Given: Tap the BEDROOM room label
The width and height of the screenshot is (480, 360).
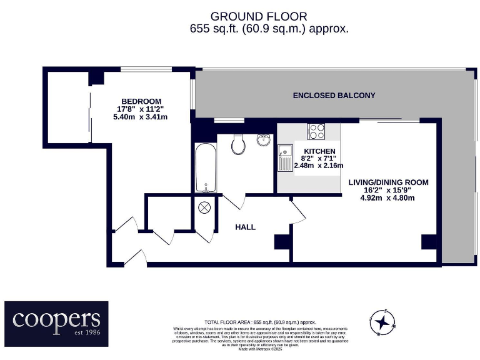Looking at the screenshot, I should click(x=141, y=101).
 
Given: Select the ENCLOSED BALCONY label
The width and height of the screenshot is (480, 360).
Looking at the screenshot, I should click(x=334, y=96).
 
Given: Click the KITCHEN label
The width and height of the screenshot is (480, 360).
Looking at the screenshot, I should click(x=319, y=151).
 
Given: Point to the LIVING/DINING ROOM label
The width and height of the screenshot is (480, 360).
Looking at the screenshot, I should click(x=388, y=182).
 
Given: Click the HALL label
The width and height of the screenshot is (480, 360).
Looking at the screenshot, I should click(x=245, y=227).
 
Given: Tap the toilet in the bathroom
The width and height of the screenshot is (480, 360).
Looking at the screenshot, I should click(x=237, y=144).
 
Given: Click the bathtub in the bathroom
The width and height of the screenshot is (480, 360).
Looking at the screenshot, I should click(x=205, y=168).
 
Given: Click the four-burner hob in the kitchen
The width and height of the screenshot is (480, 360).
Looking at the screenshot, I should click(x=316, y=132).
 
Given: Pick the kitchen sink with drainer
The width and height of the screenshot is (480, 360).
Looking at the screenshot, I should click(x=286, y=158).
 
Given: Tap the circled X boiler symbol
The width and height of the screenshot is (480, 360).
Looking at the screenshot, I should click(x=205, y=209).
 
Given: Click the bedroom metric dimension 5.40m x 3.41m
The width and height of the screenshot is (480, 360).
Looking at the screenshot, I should click(x=141, y=117).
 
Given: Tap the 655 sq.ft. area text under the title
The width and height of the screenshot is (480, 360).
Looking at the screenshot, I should click(x=269, y=29).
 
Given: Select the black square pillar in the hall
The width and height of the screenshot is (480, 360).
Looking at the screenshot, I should click(x=281, y=242).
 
